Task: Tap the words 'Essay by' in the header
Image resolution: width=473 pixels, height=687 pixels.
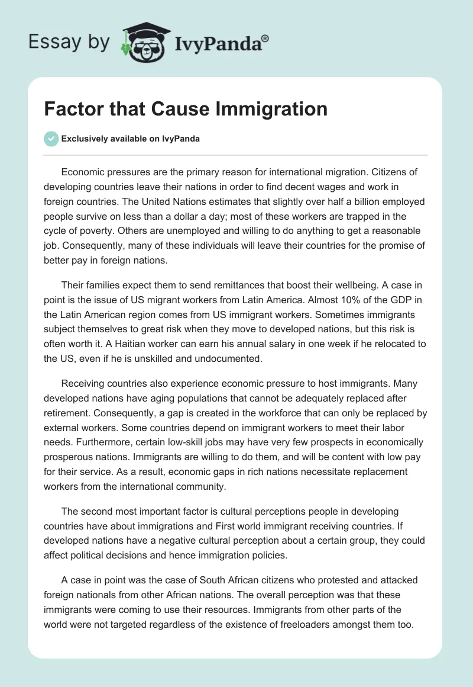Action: (x=69, y=42)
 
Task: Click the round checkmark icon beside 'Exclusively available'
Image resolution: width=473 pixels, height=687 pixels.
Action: (x=51, y=139)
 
